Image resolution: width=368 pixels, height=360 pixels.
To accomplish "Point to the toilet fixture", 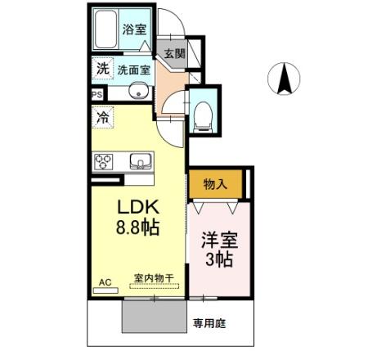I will [203, 115].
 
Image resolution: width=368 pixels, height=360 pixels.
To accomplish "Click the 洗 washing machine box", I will [101, 70].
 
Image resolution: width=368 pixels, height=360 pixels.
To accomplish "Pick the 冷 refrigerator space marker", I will [103, 118].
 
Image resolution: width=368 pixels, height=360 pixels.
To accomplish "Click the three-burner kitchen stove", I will [105, 161].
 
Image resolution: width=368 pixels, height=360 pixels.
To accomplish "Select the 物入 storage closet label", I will [215, 185].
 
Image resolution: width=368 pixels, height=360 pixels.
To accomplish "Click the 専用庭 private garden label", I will [209, 323].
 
